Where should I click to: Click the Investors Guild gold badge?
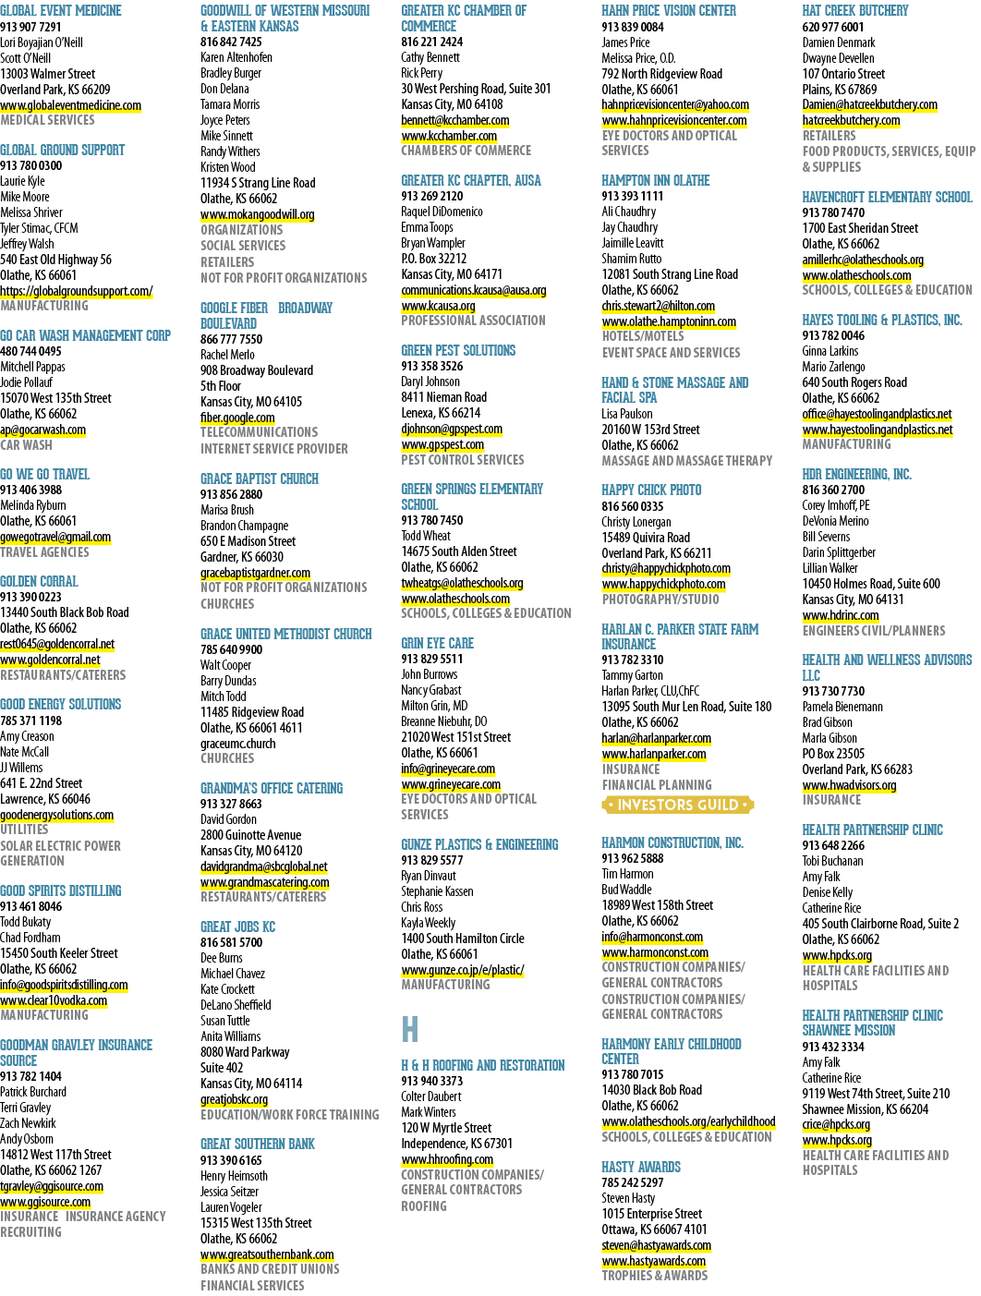678,805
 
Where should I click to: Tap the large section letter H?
409,1029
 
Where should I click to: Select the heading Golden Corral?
39,581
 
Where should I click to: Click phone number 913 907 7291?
30,27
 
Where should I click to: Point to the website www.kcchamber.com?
449,136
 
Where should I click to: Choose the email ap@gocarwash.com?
43,430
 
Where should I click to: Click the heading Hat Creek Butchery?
854,11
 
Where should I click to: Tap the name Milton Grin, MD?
434,706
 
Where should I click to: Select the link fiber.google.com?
237,418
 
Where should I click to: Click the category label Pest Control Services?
462,459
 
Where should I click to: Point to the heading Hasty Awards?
641,1167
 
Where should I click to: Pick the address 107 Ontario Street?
843,74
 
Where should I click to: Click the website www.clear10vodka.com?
54,1000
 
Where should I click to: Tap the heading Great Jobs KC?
238,927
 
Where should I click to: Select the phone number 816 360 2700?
833,490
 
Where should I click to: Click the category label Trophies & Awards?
655,1276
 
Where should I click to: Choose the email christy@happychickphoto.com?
666,568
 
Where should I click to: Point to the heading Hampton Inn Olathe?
655,180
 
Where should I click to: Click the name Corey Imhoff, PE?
836,505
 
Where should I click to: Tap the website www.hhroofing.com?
447,1159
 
